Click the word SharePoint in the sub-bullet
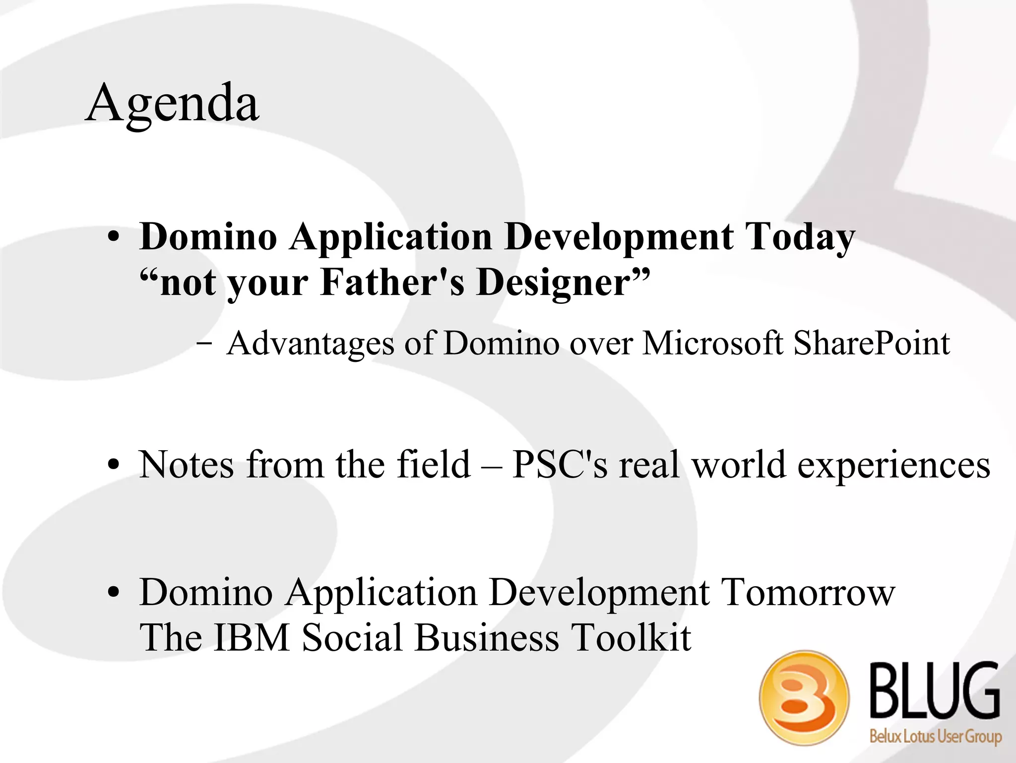pyautogui.click(x=871, y=344)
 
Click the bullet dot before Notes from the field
pyautogui.click(x=114, y=466)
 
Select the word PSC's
pyautogui.click(x=559, y=465)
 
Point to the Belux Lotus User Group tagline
pyautogui.click(x=935, y=736)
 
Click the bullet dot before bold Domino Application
pyautogui.click(x=114, y=237)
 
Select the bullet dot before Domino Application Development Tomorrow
pyautogui.click(x=114, y=593)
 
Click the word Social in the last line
pyautogui.click(x=352, y=638)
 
